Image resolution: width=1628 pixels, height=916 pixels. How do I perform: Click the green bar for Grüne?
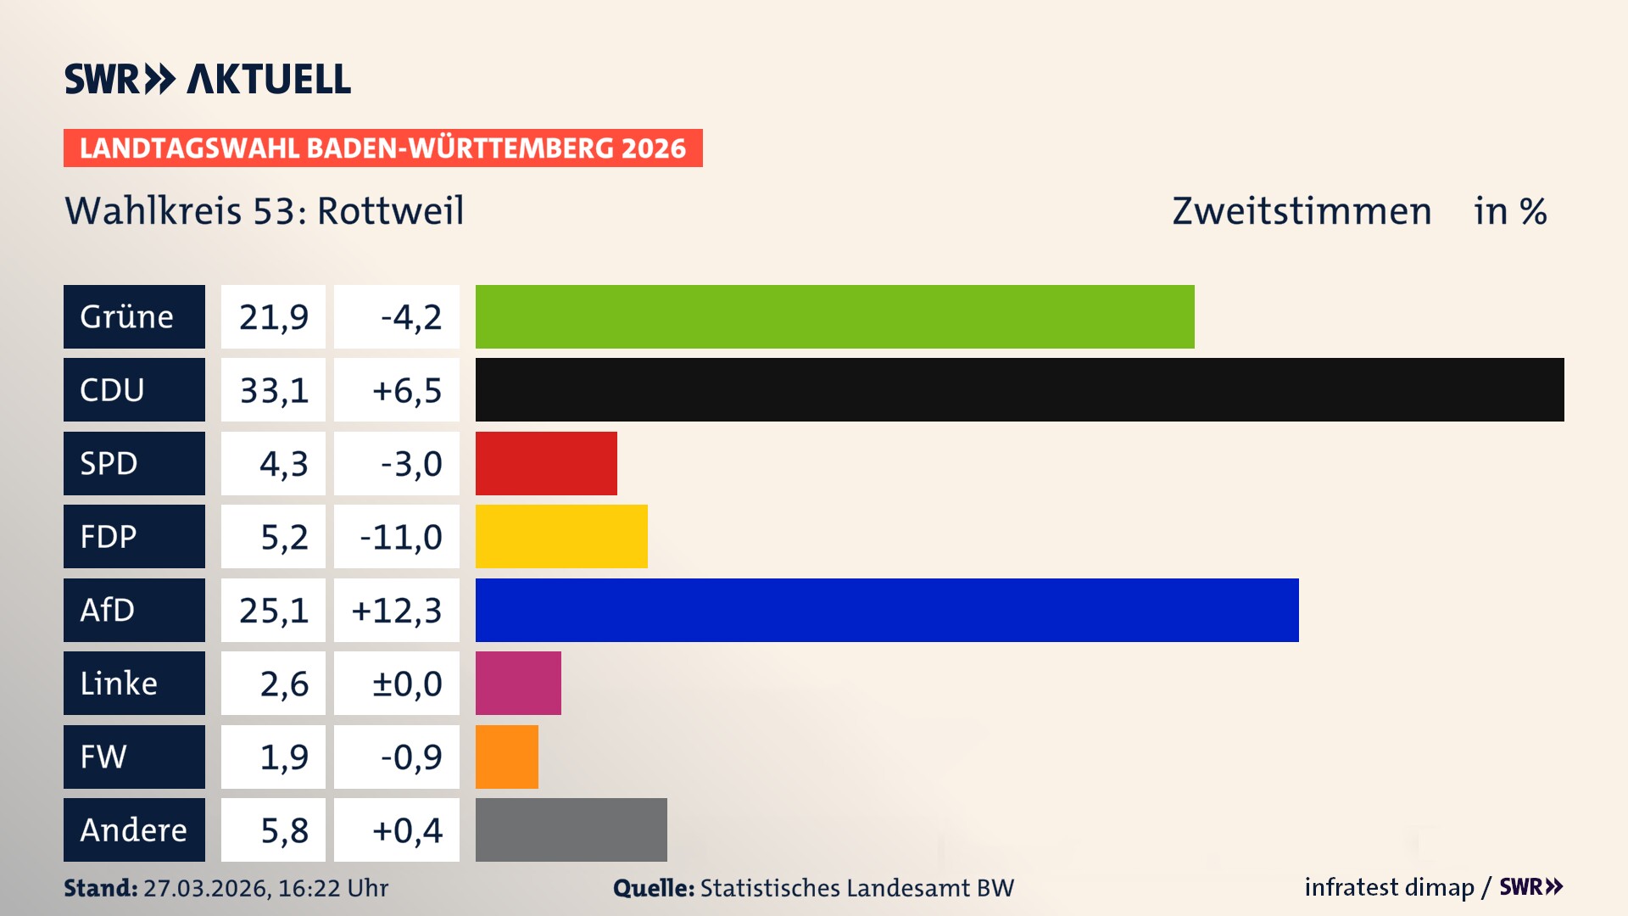834,316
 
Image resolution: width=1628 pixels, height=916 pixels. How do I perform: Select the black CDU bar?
1019,389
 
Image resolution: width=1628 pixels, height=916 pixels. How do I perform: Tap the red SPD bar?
546,463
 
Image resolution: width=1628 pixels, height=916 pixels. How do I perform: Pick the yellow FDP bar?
561,536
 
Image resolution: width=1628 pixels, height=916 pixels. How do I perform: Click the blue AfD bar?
887,610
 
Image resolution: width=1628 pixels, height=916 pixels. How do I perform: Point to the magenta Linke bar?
518,683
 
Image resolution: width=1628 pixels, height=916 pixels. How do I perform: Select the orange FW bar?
506,757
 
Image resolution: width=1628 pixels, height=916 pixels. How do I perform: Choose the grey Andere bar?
571,829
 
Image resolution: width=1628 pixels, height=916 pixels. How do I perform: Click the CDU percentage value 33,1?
273,390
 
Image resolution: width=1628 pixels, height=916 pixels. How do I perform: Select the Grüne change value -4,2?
411,317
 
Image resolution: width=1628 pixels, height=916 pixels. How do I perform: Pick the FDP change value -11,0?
401,537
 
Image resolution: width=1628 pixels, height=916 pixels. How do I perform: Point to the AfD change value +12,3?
397,611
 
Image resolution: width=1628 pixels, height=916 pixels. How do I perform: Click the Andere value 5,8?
284,830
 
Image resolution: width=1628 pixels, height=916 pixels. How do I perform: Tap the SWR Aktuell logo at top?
207,79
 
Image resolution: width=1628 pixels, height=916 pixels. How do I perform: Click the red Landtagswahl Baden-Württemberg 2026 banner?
382,148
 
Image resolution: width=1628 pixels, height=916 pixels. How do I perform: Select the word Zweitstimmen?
1302,211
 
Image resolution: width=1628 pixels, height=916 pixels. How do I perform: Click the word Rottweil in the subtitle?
390,211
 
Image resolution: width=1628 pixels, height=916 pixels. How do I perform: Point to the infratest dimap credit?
1389,887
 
